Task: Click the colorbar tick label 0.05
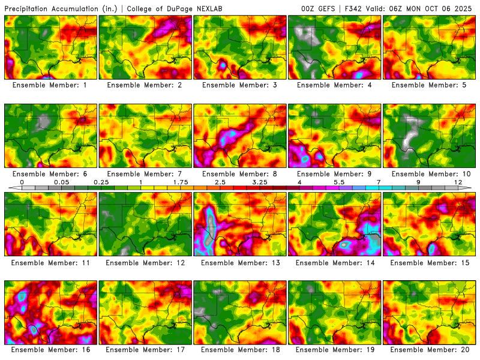(60, 182)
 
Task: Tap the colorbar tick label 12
(458, 182)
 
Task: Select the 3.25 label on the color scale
(260, 182)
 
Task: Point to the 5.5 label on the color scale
(339, 182)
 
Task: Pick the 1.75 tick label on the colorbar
(181, 182)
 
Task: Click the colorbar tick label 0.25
(101, 182)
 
